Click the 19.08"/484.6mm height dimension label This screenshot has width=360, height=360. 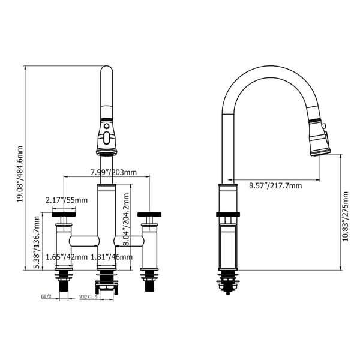coord(20,174)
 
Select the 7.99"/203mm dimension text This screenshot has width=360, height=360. coord(113,172)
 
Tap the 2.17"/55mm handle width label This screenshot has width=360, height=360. coord(67,200)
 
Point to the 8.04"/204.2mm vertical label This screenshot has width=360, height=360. coord(127,219)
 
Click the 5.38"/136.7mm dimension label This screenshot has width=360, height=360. coord(37,242)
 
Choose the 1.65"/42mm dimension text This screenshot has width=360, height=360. coord(67,257)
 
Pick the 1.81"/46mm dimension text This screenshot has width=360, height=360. coord(112,257)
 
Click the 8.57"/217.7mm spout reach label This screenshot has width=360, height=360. coord(275,185)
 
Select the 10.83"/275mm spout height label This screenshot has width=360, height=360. coord(346,216)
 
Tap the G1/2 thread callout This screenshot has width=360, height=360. coord(46,296)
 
